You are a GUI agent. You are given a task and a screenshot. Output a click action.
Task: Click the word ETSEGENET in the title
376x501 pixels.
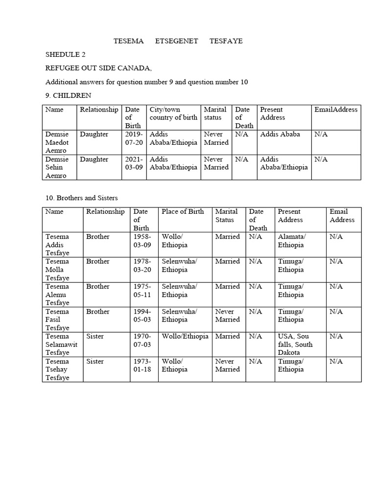tap(176, 41)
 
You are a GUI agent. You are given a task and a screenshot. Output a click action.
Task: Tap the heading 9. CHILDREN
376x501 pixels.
tap(68, 95)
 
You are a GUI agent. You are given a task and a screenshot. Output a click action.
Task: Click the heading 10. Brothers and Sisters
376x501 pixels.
tap(82, 198)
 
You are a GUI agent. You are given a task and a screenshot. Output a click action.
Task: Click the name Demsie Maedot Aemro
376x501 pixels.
tap(58, 142)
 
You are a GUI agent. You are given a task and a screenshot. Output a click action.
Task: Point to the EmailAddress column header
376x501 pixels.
tap(336, 110)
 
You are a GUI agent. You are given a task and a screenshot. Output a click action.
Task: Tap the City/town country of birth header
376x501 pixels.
tap(173, 114)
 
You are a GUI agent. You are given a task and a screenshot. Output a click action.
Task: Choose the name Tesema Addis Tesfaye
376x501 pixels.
tap(58, 245)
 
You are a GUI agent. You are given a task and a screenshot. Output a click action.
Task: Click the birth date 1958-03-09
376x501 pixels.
tap(142, 241)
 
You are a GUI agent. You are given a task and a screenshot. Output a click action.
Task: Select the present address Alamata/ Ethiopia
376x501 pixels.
tap(292, 241)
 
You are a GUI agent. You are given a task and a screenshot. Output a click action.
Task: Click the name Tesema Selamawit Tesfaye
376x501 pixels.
tap(61, 344)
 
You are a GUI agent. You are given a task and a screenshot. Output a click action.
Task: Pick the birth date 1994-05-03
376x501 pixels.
tap(142, 316)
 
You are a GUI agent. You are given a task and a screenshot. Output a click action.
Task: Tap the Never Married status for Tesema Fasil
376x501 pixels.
tap(228, 316)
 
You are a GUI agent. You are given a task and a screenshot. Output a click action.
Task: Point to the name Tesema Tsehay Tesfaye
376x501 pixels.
tap(58, 369)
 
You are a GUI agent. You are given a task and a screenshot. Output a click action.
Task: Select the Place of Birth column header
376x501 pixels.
tap(183, 211)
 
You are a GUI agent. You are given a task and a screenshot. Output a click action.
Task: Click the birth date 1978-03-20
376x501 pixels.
tap(142, 266)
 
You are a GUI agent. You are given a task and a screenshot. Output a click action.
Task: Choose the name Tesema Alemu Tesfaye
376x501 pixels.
tap(58, 295)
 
